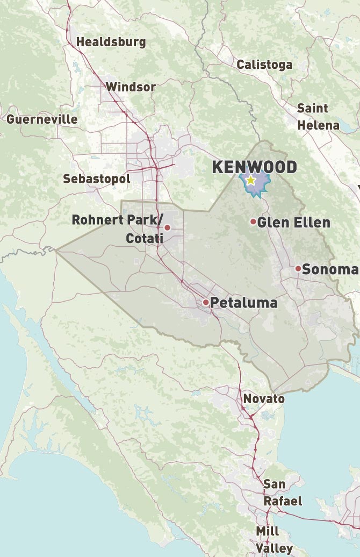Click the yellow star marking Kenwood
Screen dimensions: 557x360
click(250, 181)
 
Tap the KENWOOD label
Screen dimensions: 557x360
click(254, 167)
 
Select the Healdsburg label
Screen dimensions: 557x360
click(111, 42)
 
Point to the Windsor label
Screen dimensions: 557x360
click(131, 87)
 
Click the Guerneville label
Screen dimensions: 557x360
click(42, 119)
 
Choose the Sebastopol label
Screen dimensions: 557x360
click(96, 179)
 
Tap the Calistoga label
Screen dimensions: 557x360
click(264, 65)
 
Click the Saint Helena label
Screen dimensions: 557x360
click(318, 117)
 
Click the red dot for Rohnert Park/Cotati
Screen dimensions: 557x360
click(167, 227)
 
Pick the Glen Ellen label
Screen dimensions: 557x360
click(293, 222)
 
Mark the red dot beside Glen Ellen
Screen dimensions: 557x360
click(253, 222)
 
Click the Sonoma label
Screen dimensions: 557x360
click(329, 269)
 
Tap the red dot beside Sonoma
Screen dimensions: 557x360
click(298, 268)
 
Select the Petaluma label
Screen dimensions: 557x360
click(243, 302)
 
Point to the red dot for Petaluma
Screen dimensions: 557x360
click(206, 302)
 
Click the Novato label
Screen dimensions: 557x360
click(263, 398)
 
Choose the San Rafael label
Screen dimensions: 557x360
click(282, 492)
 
